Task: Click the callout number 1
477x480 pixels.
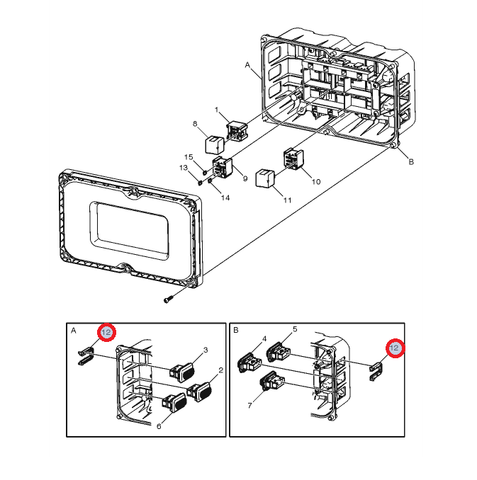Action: (x=218, y=110)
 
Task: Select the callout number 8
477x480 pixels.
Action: (x=196, y=125)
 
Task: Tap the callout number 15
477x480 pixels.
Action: (x=189, y=157)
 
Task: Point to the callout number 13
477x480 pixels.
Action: (x=184, y=168)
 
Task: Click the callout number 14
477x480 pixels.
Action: (x=225, y=198)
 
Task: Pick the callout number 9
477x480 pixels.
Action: (x=245, y=178)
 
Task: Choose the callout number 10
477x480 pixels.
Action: (x=316, y=181)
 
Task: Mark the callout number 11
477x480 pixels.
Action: (x=287, y=200)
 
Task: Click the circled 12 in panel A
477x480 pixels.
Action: (x=106, y=332)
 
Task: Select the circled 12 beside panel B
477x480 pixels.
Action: (x=395, y=348)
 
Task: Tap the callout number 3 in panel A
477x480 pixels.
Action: (x=206, y=350)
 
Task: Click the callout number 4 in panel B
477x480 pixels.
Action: (x=264, y=339)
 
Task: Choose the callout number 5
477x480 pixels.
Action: (x=294, y=330)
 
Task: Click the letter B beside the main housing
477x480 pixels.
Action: (x=410, y=161)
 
